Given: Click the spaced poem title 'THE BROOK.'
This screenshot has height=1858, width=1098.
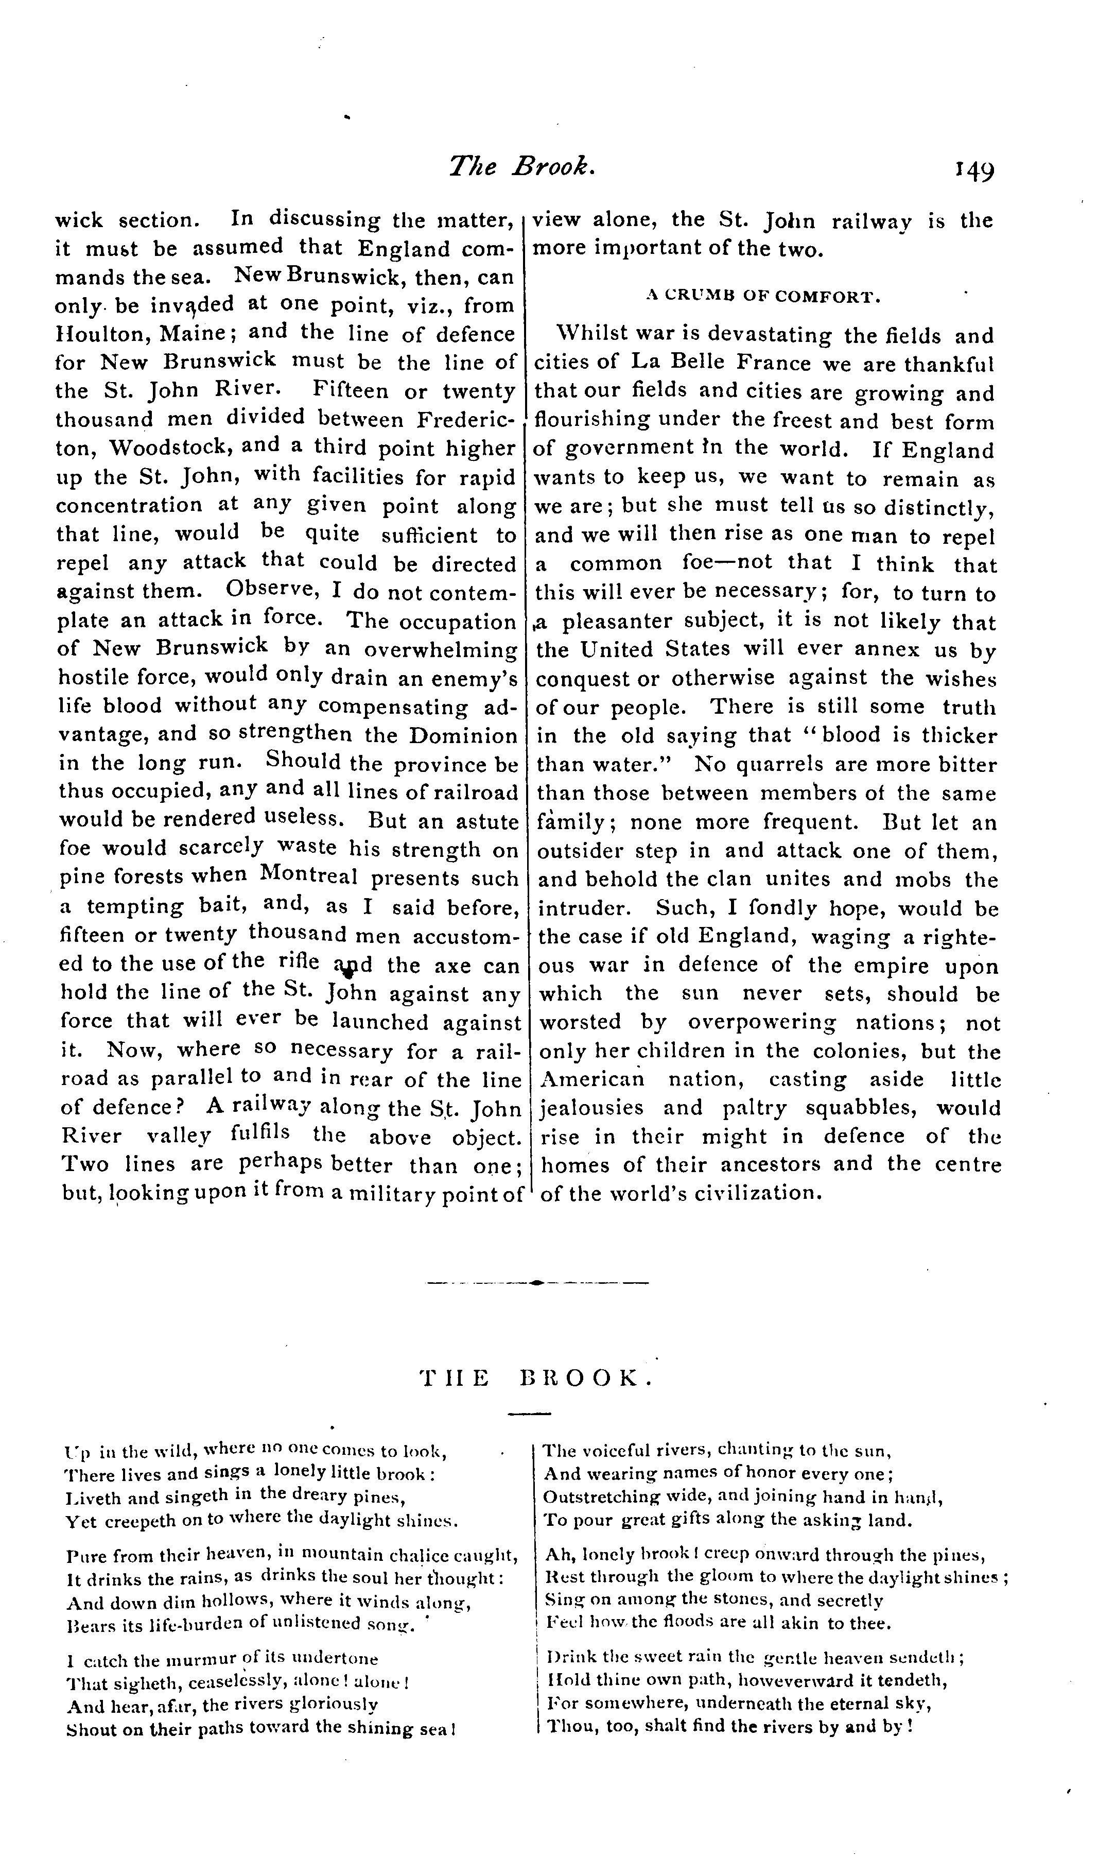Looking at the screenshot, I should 536,1377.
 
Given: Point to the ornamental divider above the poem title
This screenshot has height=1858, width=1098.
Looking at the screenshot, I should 537,1282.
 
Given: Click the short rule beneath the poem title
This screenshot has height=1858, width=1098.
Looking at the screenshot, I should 530,1414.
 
